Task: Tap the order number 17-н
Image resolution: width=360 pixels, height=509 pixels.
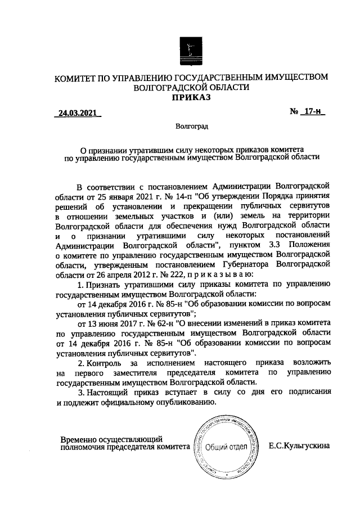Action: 312,112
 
